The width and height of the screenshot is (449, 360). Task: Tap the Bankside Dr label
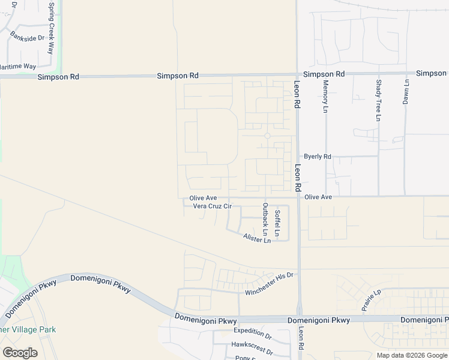coord(28,37)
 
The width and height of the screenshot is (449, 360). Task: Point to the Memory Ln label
coord(326,97)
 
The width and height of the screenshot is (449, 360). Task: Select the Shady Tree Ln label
coord(378,100)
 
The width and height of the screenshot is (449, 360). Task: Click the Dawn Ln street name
coord(406,91)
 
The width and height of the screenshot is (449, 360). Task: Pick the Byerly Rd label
coord(318,157)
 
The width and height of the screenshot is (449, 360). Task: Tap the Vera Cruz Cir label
coord(212,206)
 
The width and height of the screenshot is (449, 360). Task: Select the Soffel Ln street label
coord(277,222)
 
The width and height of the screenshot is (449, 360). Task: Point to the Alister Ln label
coord(257,239)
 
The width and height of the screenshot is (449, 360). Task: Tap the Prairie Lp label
coord(371,301)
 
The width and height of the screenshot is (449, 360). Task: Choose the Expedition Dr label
coord(252,331)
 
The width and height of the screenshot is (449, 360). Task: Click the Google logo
coord(20,352)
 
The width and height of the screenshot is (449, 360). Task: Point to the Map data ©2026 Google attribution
coord(412,355)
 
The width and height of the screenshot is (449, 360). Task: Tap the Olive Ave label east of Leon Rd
coord(318,197)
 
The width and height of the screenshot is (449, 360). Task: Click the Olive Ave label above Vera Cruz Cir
coord(203,197)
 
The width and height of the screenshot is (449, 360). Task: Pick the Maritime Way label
coord(18,66)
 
